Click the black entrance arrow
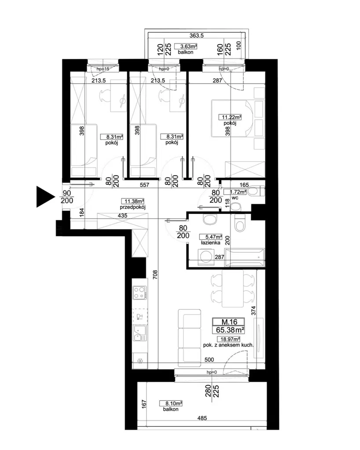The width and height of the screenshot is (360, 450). (x=45, y=197)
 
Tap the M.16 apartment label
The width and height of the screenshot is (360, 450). (x=229, y=322)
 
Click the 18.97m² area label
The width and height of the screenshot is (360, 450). (x=228, y=339)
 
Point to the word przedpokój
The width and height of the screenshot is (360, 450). (x=132, y=207)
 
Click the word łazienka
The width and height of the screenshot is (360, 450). (x=211, y=242)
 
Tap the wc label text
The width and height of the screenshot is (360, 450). (x=235, y=198)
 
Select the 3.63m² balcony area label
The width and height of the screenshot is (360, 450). (x=188, y=46)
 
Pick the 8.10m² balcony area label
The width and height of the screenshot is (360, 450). (x=171, y=403)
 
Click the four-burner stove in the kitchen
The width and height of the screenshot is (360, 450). (x=140, y=293)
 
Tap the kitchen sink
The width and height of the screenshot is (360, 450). (x=139, y=333)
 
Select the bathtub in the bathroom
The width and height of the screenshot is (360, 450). (x=245, y=257)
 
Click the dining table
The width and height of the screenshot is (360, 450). (x=233, y=289)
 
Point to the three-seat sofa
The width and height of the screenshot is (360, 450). (x=189, y=338)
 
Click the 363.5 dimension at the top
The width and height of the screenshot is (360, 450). (x=197, y=36)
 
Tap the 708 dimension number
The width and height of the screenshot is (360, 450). (x=155, y=275)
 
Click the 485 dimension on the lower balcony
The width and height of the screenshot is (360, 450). (x=202, y=418)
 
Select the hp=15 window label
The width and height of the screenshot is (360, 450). (x=103, y=69)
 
